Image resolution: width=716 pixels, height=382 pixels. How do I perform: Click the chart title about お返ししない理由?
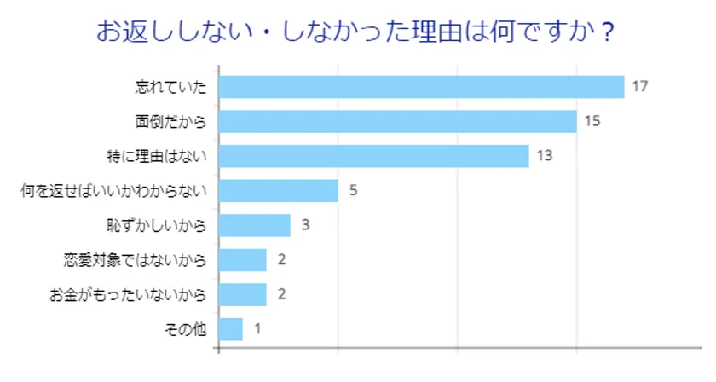pyautogui.click(x=356, y=32)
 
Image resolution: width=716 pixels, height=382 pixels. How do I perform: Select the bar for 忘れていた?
pyautogui.click(x=422, y=87)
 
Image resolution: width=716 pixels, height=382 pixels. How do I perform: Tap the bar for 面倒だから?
pyautogui.click(x=398, y=121)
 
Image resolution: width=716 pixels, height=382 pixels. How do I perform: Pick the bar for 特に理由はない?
pyautogui.click(x=374, y=156)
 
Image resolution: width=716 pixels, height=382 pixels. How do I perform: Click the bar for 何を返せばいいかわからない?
pyautogui.click(x=279, y=190)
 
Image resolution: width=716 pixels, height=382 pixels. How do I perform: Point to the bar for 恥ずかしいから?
pyautogui.click(x=255, y=225)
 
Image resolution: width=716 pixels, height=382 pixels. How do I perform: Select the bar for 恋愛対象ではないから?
pyautogui.click(x=243, y=259)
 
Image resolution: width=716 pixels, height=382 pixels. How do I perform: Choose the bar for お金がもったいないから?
pyautogui.click(x=243, y=294)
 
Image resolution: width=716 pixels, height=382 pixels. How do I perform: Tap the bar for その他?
pyautogui.click(x=231, y=328)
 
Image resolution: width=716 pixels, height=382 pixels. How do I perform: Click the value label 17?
pyautogui.click(x=641, y=87)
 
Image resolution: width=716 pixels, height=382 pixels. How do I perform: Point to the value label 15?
pyautogui.click(x=593, y=121)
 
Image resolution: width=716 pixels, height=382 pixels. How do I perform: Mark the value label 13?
pyautogui.click(x=546, y=156)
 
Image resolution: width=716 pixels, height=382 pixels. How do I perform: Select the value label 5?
pyautogui.click(x=353, y=190)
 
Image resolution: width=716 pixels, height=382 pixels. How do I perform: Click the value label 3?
pyautogui.click(x=305, y=225)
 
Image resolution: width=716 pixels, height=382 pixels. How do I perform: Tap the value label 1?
pyautogui.click(x=257, y=328)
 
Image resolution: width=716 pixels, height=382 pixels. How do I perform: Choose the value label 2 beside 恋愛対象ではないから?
pyautogui.click(x=281, y=259)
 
